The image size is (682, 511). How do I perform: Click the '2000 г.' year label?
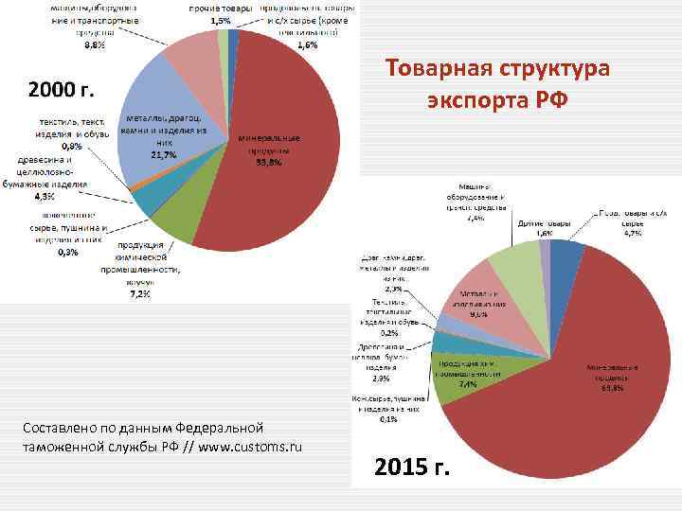coord(63,91)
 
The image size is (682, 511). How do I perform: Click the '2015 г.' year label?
coord(413,467)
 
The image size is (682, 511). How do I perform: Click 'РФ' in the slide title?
coord(549,98)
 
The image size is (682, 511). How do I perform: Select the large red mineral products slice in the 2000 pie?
coord(284,180)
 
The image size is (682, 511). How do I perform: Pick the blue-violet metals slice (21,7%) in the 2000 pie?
coord(170,114)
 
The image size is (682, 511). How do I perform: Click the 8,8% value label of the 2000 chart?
coord(96,44)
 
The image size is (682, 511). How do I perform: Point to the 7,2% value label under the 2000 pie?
coord(139,293)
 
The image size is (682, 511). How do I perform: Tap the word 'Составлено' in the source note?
coord(61,429)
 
